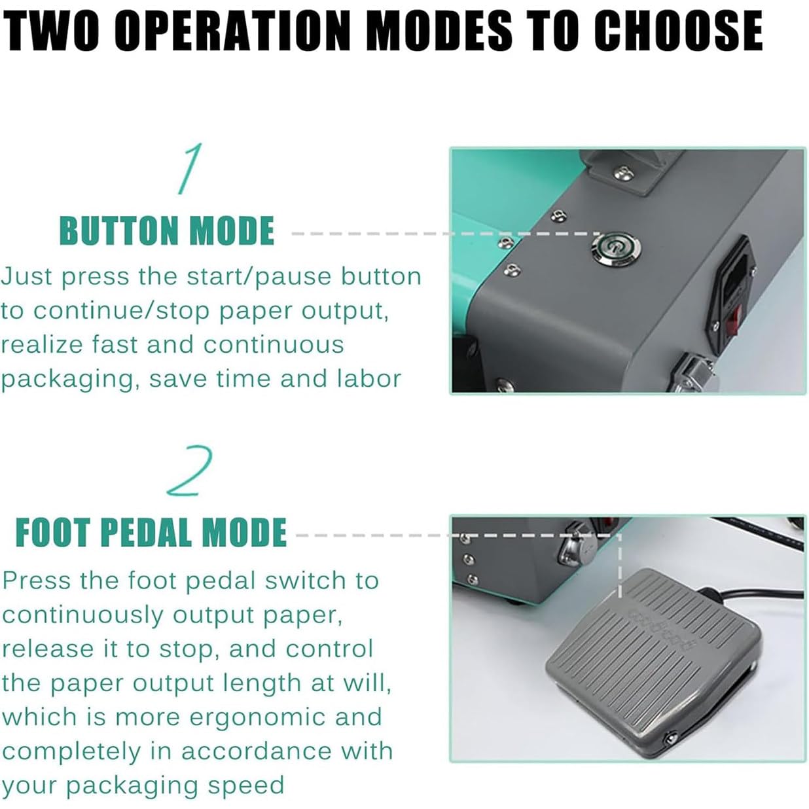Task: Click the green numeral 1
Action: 190,169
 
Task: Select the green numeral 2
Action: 190,470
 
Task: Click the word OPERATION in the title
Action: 232,31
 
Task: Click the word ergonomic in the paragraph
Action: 257,718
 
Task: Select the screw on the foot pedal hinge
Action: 670,738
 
